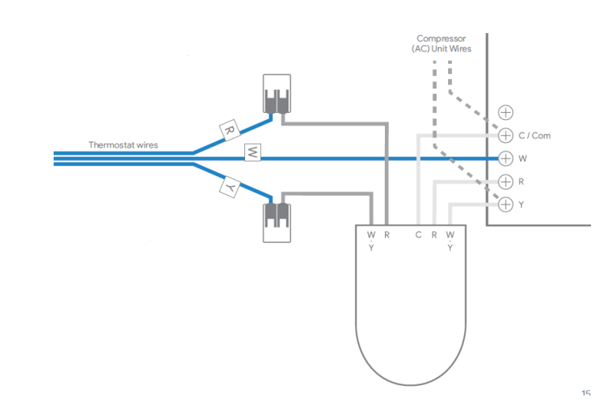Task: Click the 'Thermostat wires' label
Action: click(123, 145)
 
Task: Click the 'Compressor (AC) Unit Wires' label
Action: click(440, 43)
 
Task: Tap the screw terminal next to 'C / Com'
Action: click(506, 136)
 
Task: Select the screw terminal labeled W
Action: click(506, 159)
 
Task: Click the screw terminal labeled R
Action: click(506, 182)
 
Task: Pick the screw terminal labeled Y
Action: click(506, 204)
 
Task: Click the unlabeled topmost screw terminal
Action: click(506, 113)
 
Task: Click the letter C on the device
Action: click(418, 235)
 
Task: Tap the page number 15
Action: click(586, 393)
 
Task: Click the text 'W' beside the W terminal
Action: click(522, 159)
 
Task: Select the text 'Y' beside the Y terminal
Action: click(522, 204)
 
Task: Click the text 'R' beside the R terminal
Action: click(522, 182)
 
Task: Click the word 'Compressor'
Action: click(440, 38)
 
